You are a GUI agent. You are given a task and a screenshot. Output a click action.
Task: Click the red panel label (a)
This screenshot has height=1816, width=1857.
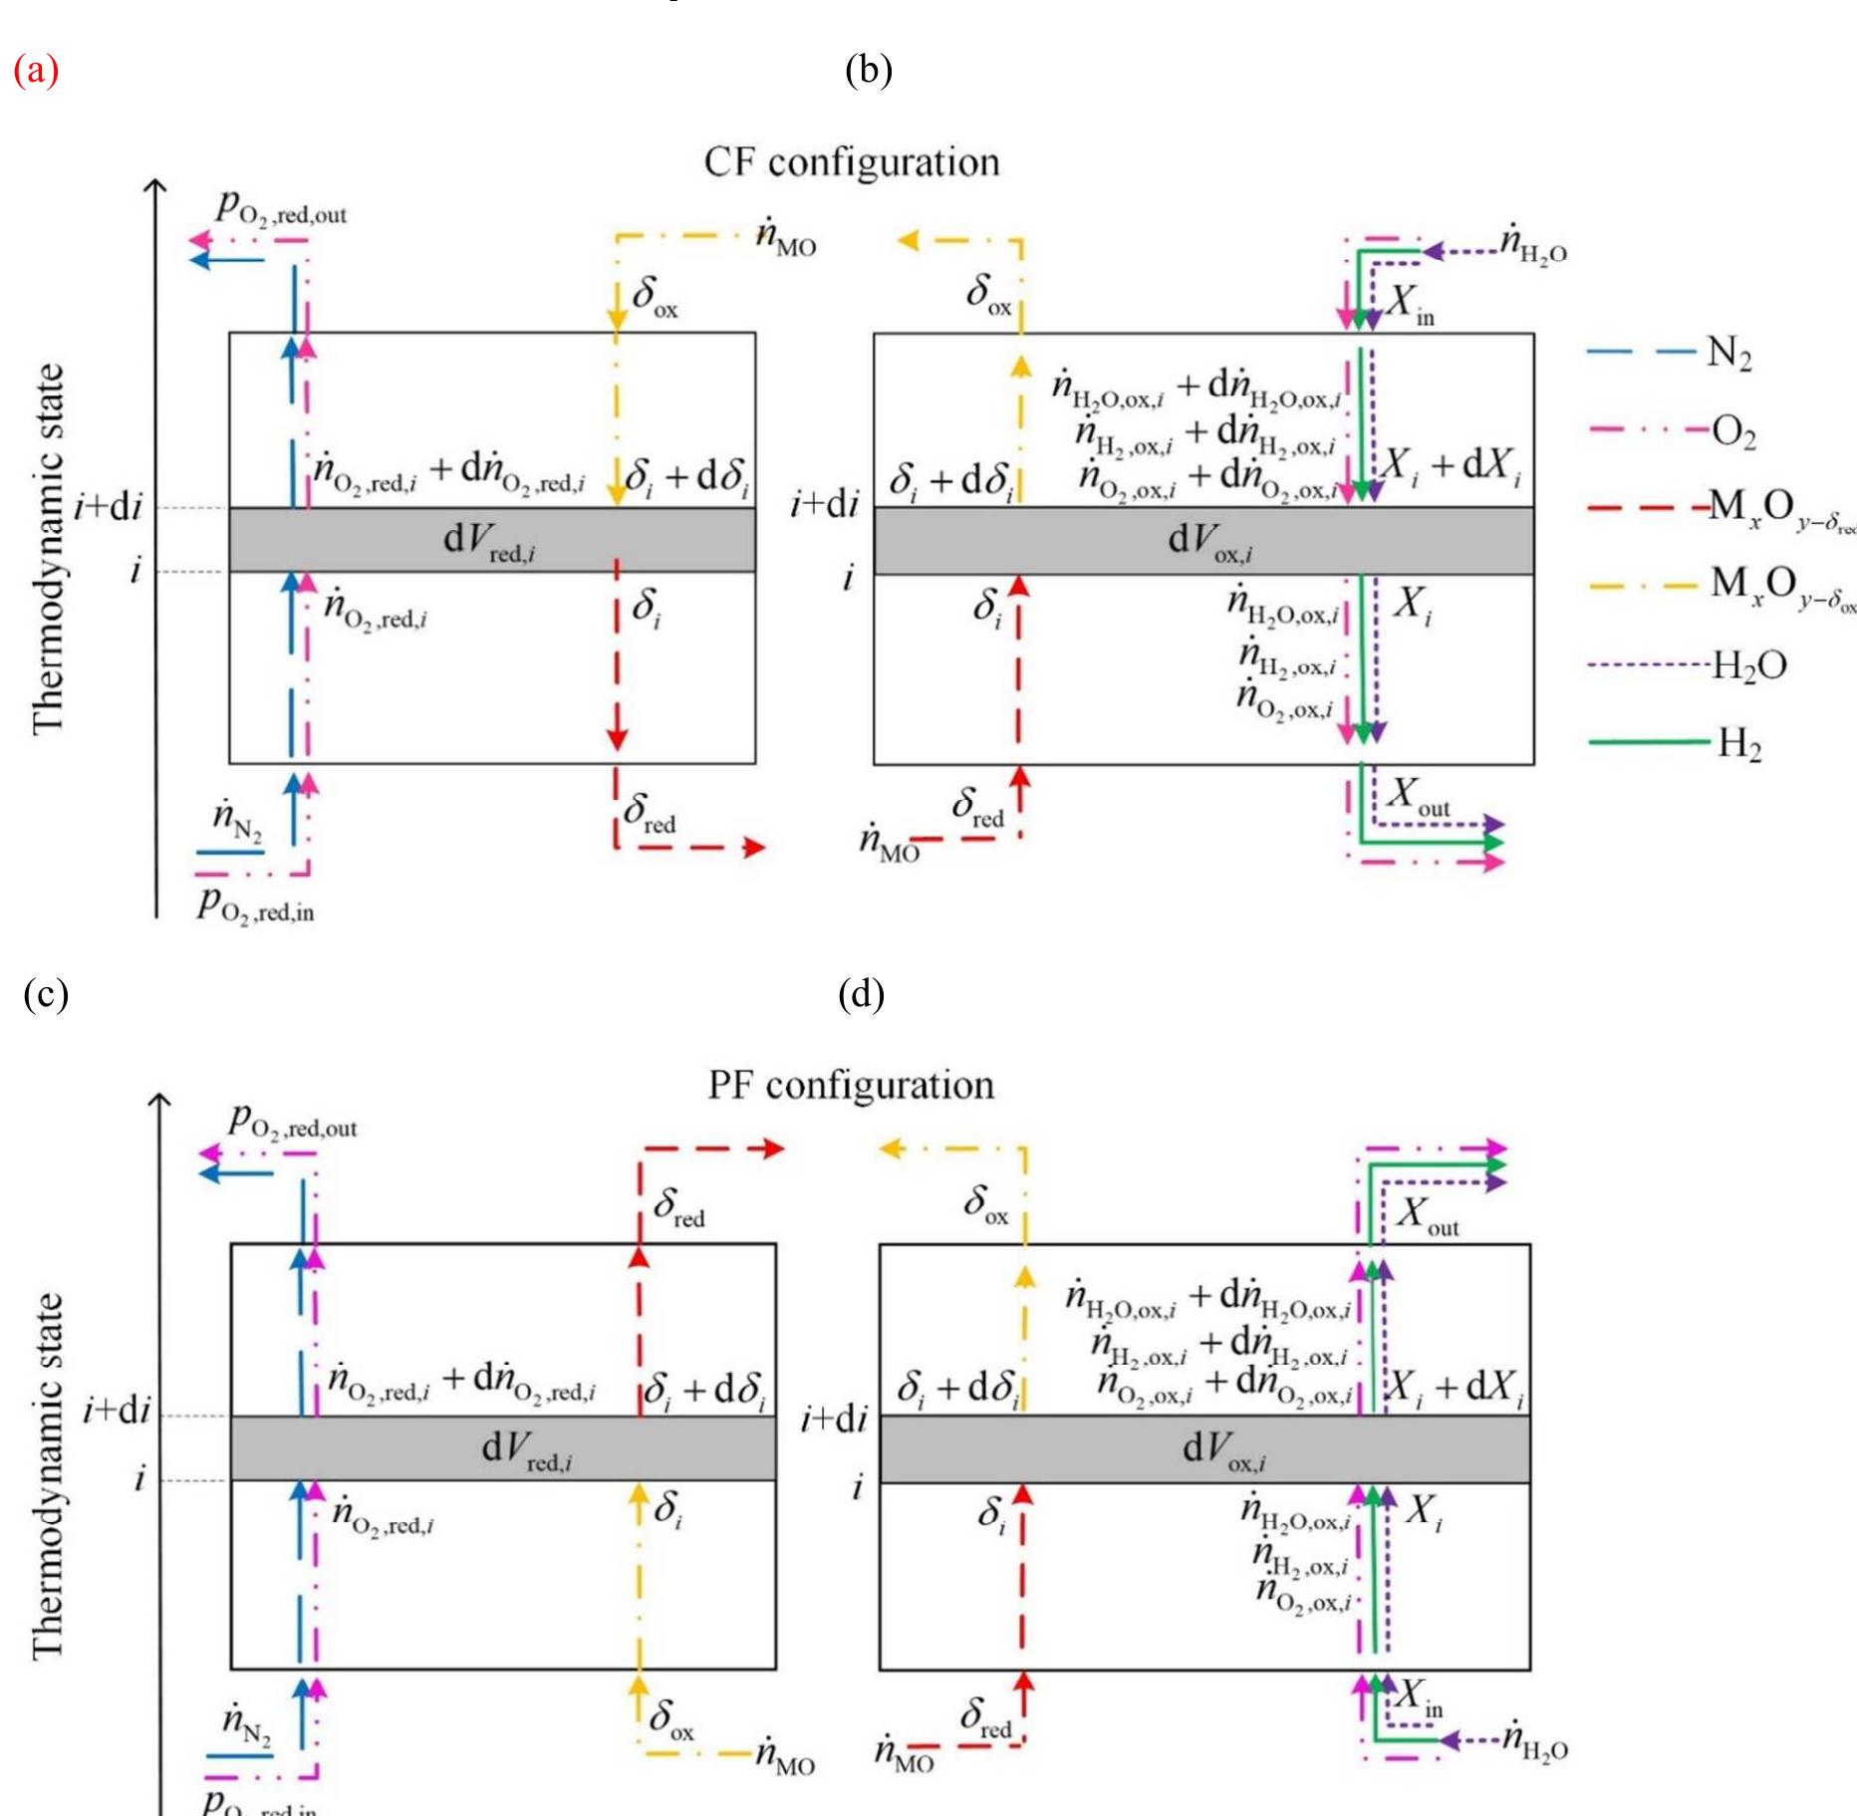(37, 72)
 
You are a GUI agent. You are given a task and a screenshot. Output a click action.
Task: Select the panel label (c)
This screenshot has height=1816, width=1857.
(45, 995)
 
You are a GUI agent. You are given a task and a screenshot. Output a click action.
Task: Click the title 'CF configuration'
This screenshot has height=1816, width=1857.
(852, 161)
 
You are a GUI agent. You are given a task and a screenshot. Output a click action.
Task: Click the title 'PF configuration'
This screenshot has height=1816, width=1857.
(851, 1084)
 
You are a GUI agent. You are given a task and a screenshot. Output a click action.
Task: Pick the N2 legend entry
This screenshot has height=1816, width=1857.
(1728, 354)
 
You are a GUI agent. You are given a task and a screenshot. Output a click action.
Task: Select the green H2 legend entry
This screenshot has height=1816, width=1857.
(1738, 744)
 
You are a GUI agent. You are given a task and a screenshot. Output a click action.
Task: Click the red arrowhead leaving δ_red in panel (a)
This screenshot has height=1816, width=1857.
(754, 848)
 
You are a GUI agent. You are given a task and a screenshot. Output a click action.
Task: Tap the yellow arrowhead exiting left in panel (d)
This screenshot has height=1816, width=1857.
(891, 1149)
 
